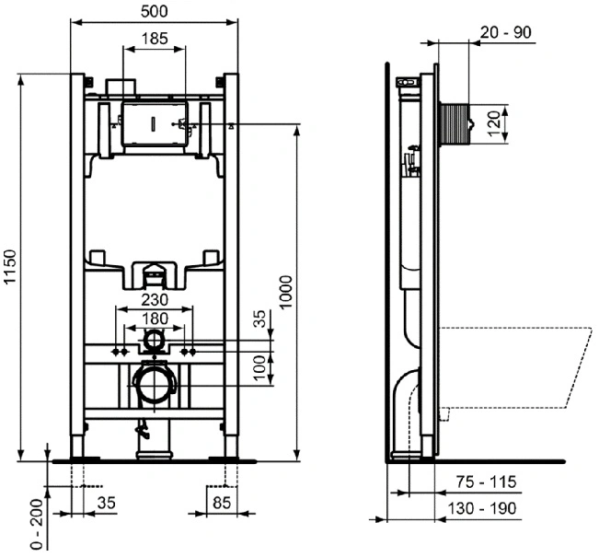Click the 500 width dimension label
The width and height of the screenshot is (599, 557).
pyautogui.click(x=154, y=11)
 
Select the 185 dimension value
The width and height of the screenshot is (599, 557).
pyautogui.click(x=155, y=39)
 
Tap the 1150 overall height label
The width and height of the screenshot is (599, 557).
pyautogui.click(x=10, y=266)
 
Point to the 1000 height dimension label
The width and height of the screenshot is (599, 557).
pyautogui.click(x=286, y=293)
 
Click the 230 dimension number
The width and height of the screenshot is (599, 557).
pyautogui.click(x=155, y=300)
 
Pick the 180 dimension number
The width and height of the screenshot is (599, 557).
pyautogui.click(x=155, y=319)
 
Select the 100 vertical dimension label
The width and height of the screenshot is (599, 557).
pyautogui.click(x=259, y=367)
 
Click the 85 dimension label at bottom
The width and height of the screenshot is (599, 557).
pyautogui.click(x=222, y=503)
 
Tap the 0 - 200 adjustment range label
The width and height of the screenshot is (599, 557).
pyautogui.click(x=37, y=524)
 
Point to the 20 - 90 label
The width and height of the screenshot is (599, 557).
pyautogui.click(x=505, y=32)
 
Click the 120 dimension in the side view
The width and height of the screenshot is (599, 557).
pyautogui.click(x=494, y=123)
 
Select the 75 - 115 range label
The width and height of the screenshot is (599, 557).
pyautogui.click(x=487, y=482)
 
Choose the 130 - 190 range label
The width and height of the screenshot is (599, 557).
pyautogui.click(x=482, y=509)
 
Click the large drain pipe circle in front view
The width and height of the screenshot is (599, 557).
pyautogui.click(x=154, y=384)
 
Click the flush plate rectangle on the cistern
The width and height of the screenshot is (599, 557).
pyautogui.click(x=155, y=124)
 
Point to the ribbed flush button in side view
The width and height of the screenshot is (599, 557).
pyautogui.click(x=455, y=124)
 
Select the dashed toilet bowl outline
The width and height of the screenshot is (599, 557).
pyautogui.click(x=515, y=367)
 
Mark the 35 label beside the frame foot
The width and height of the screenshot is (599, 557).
pyautogui.click(x=106, y=503)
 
